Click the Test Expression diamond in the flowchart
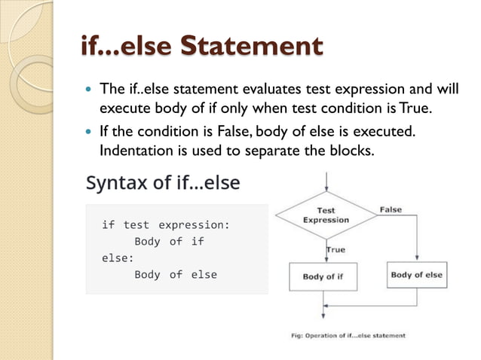coord(326,215)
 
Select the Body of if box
coord(323,276)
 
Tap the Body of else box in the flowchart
coord(416,275)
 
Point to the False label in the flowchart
coord(391,209)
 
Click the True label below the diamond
coord(335,249)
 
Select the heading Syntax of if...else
coord(164,183)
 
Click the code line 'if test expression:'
coord(165,224)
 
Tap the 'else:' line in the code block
coord(118,258)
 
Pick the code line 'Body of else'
coord(175,274)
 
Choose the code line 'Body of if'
coord(169,241)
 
